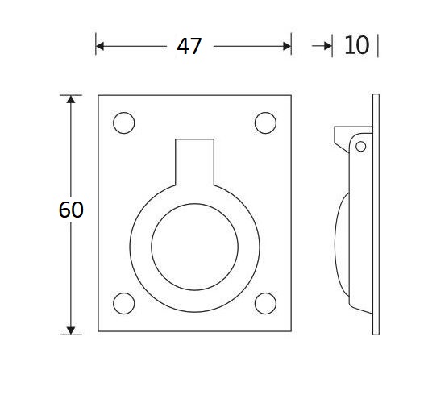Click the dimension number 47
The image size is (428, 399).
click(189, 46)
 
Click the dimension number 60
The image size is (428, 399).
click(71, 210)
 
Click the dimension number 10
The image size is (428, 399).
click(356, 46)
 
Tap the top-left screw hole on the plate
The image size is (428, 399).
click(123, 123)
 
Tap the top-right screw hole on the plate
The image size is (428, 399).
click(264, 123)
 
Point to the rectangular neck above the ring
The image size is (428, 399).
click(194, 154)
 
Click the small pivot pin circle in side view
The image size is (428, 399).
click(360, 146)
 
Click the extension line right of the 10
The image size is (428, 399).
click(377, 46)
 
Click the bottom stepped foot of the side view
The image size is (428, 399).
click(359, 310)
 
